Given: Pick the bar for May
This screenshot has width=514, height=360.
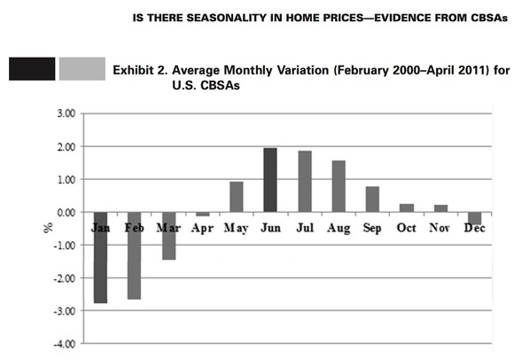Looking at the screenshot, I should point(237,197).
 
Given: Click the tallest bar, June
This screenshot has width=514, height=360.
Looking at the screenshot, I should point(270,180).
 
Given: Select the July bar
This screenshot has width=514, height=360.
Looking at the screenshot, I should point(304,182).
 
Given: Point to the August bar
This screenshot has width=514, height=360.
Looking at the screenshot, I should point(338,186).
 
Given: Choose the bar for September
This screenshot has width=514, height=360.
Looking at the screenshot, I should point(372,200).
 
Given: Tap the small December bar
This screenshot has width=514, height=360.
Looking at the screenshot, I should point(475,219).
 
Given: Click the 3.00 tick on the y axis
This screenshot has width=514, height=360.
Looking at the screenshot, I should point(64,113).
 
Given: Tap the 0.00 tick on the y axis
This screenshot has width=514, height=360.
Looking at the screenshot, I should point(64,212).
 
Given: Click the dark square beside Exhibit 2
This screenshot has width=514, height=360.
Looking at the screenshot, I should point(32,69).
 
